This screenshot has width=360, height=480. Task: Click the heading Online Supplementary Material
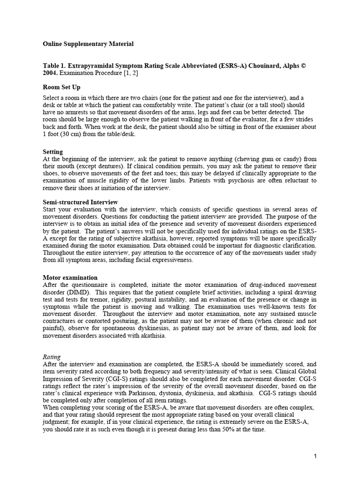point(88,44)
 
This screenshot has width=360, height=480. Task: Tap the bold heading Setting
point(53,152)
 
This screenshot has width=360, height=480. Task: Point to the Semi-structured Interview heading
point(80,202)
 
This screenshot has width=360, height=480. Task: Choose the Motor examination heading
point(70,277)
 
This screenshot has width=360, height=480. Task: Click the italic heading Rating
point(52,357)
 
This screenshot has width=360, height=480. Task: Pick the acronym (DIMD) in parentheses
point(78,292)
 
